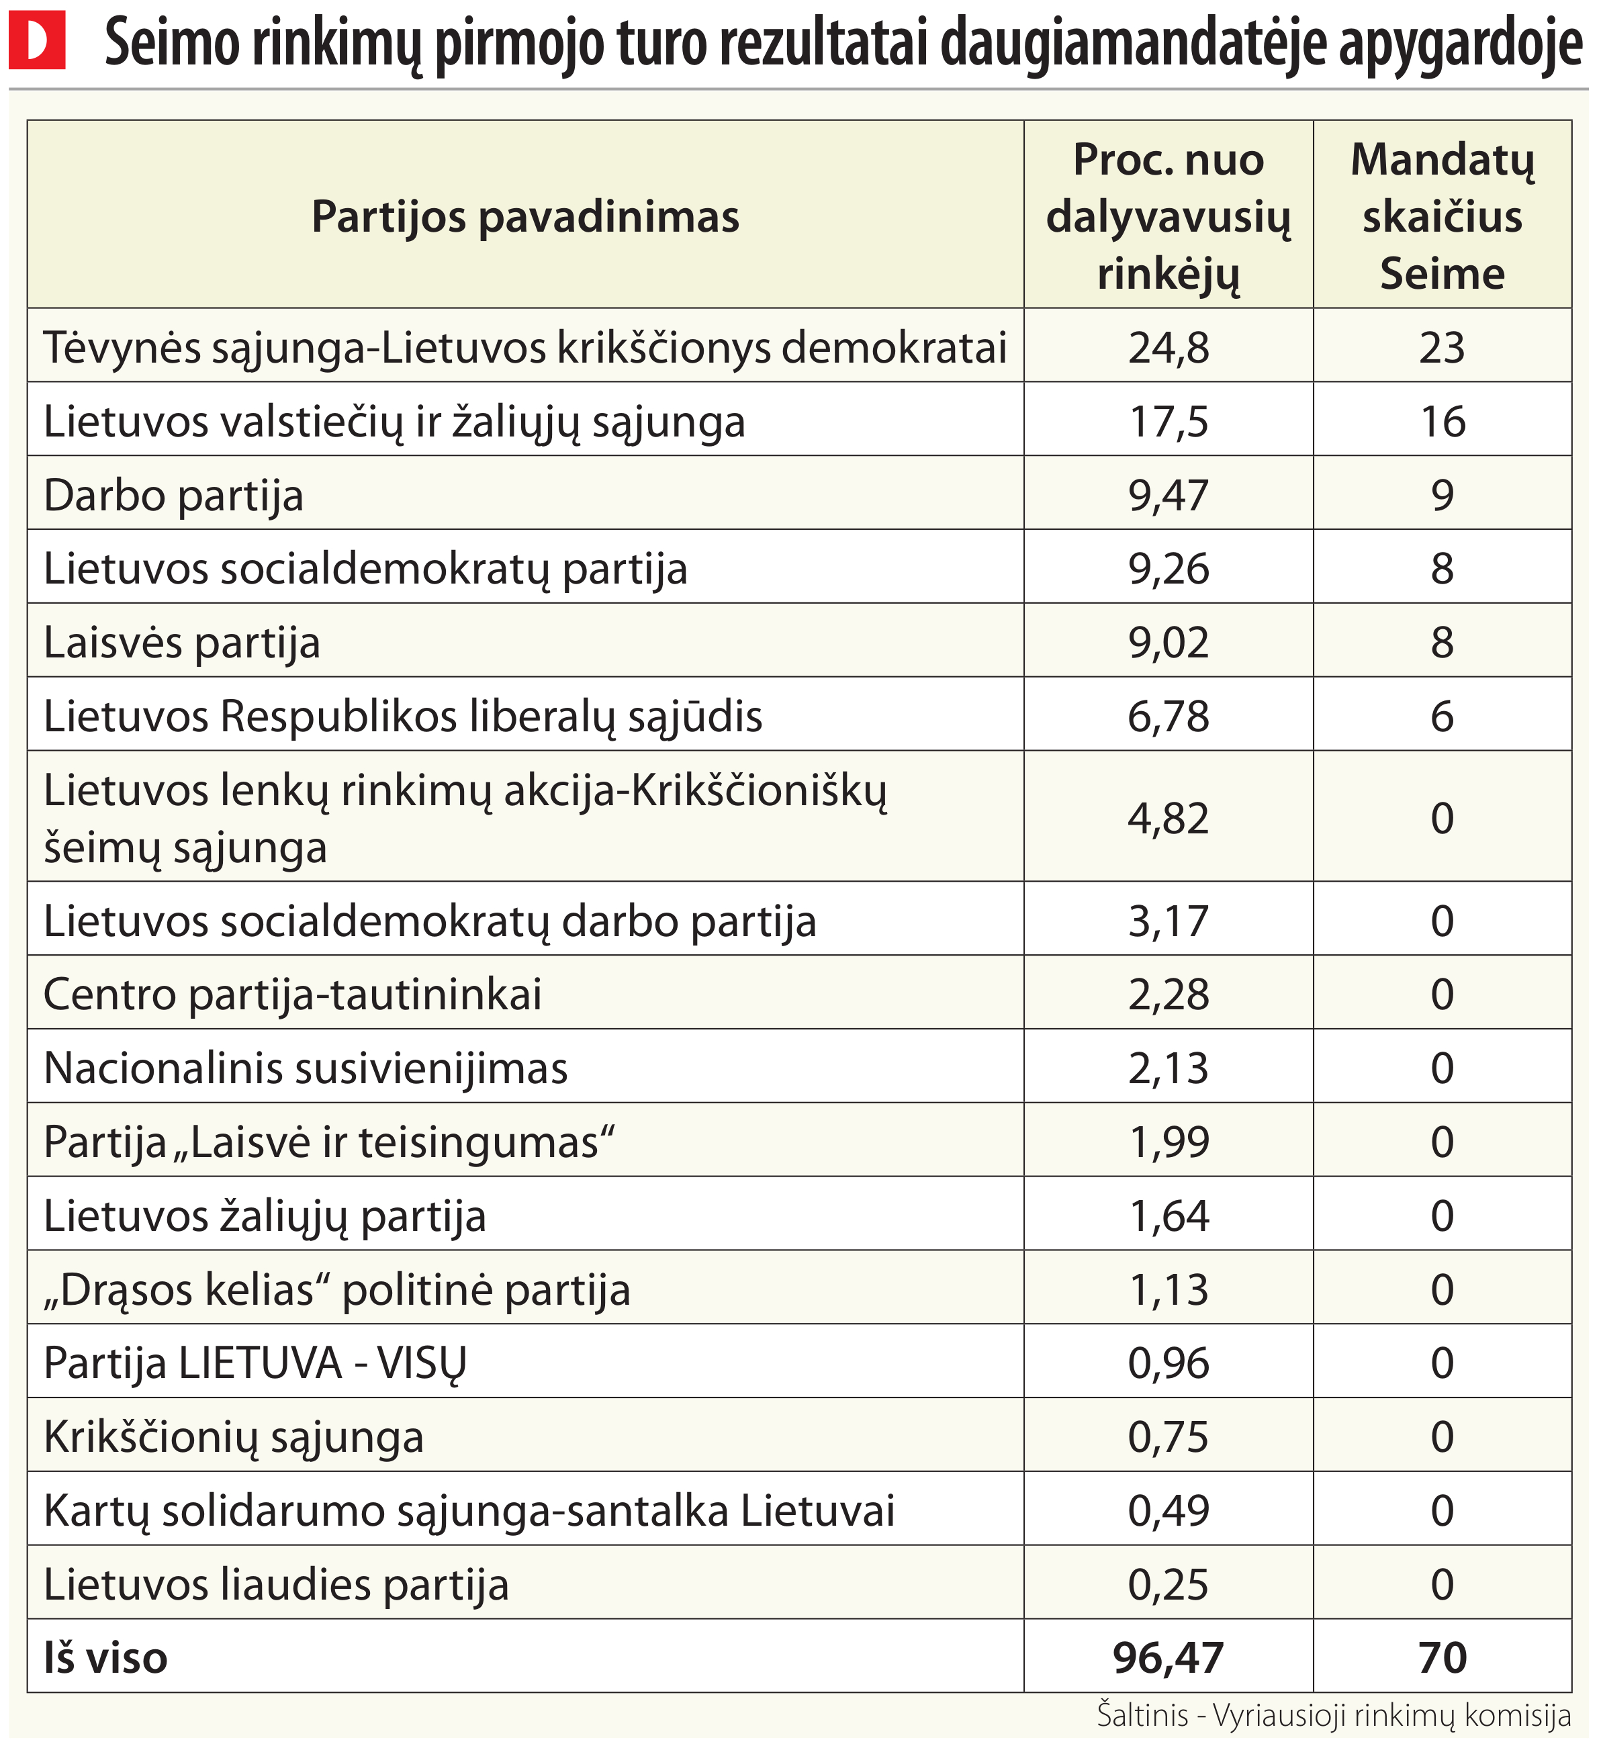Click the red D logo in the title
tap(36, 40)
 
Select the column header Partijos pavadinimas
tap(525, 217)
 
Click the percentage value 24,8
tap(1168, 347)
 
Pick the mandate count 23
tap(1442, 347)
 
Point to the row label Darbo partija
tap(173, 496)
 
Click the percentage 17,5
tap(1168, 422)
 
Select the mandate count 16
tap(1443, 422)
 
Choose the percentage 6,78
tap(1168, 717)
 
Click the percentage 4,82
tap(1168, 818)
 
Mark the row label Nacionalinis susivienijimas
tap(306, 1068)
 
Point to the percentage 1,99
tap(1168, 1142)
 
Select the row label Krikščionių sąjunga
tap(234, 1438)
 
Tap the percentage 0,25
tap(1168, 1585)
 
